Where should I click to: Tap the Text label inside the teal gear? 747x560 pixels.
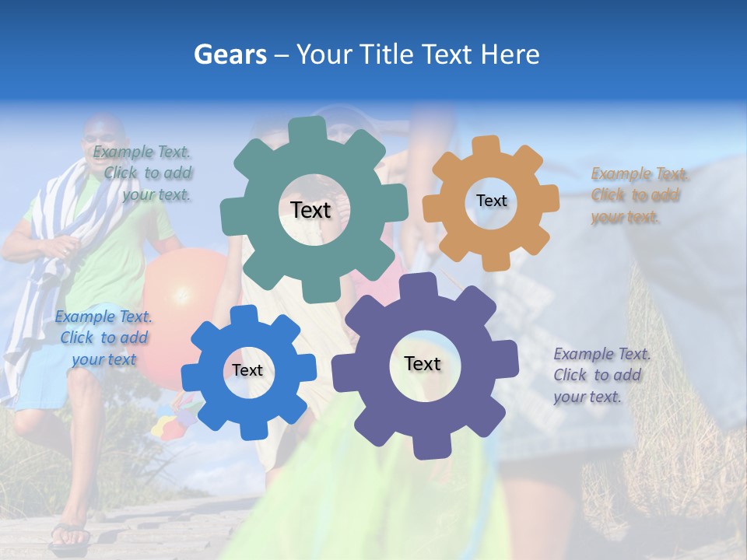310,210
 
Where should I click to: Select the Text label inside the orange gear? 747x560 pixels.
491,201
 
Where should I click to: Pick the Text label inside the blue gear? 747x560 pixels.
247,370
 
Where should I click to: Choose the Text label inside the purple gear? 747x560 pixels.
423,363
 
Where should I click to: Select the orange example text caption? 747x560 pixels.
635,195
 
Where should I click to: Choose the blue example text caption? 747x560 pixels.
103,338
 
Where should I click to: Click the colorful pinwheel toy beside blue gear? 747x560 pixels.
175,420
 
